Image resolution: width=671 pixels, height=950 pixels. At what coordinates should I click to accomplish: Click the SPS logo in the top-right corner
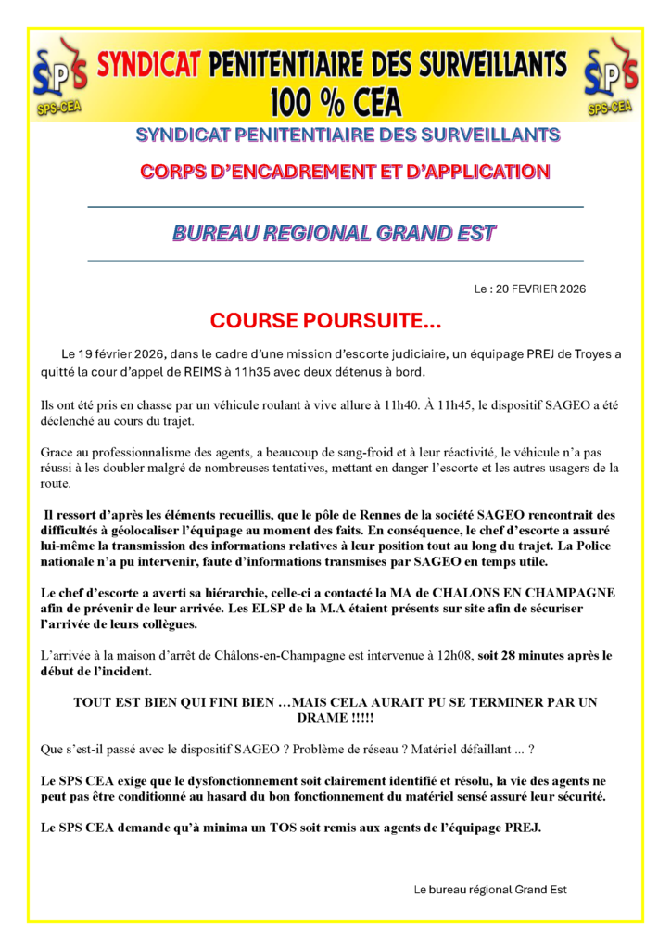610,77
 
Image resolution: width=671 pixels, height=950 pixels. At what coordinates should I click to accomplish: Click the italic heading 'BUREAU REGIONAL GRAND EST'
334,233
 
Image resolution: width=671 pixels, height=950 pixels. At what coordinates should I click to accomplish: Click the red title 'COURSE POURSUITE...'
325,321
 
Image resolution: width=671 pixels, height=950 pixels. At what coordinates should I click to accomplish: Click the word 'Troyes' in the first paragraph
587,355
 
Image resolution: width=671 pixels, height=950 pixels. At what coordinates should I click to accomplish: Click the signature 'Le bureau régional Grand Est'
489,889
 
